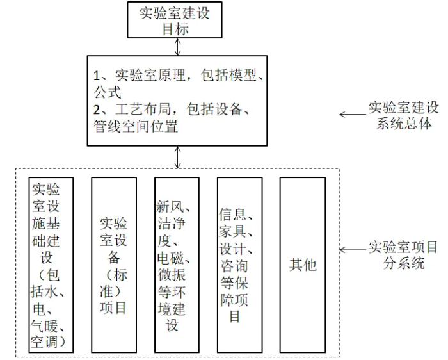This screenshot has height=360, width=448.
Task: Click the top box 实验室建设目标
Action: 175,20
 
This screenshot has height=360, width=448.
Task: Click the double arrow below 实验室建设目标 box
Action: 178,47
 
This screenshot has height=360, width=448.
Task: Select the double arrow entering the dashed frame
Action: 178,158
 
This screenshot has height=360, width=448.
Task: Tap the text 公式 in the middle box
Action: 108,92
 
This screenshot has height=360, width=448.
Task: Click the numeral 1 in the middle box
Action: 97,76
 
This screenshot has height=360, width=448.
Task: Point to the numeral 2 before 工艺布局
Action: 97,110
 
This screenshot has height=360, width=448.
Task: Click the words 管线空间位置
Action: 136,126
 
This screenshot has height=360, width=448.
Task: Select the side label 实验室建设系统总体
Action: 403,116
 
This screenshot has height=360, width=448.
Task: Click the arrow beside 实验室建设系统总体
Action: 353,115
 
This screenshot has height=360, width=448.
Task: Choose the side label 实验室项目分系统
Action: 403,255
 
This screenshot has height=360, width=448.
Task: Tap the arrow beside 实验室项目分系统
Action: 353,250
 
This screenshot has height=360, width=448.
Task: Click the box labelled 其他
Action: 303,265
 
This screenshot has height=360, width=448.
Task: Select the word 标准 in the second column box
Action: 113,283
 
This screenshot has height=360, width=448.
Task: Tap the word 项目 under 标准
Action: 113,308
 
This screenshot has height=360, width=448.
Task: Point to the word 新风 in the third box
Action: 170,206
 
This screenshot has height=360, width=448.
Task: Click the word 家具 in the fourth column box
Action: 232,231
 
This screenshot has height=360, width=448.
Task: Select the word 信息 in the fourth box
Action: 232,214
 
